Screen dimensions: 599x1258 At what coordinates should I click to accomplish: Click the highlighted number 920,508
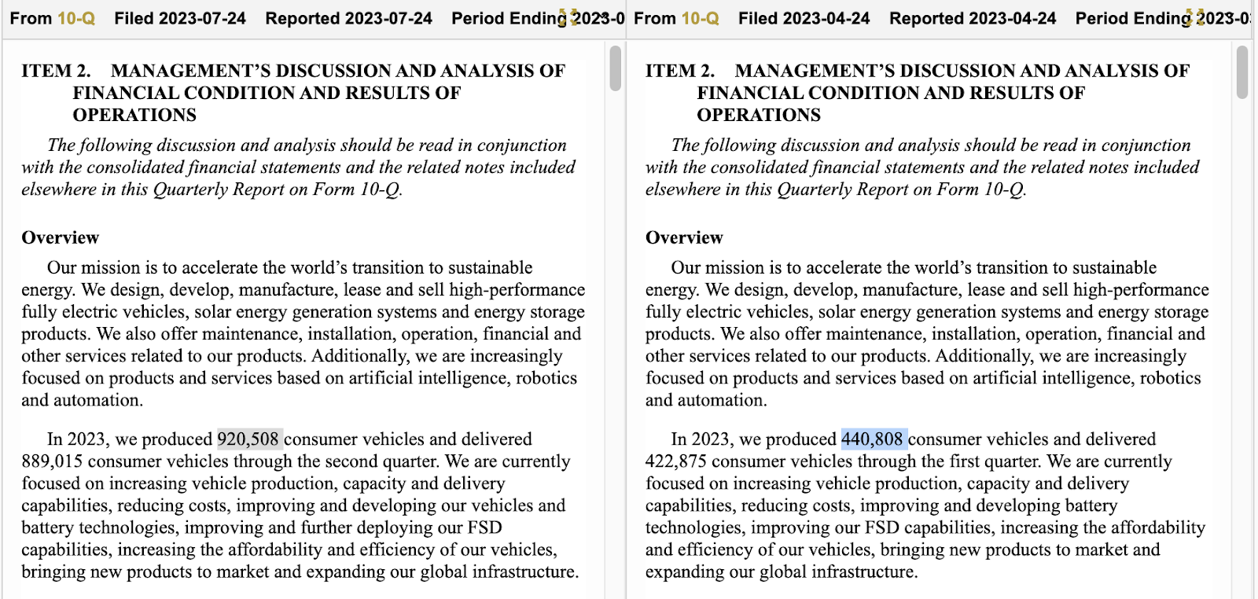(248, 439)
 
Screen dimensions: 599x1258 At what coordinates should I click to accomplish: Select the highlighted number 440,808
(873, 439)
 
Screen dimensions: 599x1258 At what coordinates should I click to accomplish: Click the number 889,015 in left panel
(53, 461)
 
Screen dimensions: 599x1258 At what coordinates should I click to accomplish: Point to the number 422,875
(676, 461)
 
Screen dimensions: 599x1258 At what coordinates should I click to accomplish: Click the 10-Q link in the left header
(76, 18)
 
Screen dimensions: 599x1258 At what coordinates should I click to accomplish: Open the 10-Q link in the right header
(700, 18)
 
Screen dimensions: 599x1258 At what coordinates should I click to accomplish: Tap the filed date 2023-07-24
(202, 18)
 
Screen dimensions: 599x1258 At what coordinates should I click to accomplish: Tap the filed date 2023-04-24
(826, 18)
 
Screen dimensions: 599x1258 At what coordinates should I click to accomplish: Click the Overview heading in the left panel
(61, 237)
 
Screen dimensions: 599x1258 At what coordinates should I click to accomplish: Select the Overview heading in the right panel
(684, 237)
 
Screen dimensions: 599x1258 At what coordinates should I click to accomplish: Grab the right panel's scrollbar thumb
(1241, 72)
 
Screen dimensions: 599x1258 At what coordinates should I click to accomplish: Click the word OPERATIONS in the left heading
(134, 115)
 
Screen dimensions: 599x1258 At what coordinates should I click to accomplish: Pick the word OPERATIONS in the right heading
(758, 115)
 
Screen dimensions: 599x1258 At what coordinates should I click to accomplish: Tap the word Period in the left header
(476, 18)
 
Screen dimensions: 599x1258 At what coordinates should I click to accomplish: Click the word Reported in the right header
(924, 18)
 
